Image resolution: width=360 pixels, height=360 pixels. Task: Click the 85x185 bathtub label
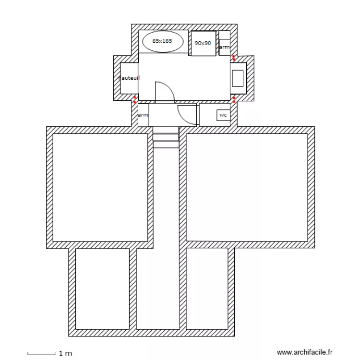coord(162,41)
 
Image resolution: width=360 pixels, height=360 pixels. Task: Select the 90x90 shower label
coord(203,43)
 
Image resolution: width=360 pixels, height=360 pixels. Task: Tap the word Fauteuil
coord(129,78)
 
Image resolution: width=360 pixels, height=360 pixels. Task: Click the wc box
coord(223,115)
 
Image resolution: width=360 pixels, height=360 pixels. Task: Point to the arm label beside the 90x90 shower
coord(224,48)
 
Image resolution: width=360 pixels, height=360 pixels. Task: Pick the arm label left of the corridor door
coord(143,115)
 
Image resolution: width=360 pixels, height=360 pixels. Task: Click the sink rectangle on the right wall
coord(238,77)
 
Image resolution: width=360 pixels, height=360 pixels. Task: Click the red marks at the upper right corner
coord(234,58)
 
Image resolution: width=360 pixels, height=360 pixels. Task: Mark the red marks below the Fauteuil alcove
coord(135,100)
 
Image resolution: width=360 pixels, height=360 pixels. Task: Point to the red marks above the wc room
coord(234,99)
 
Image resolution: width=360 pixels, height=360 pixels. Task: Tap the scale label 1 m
coord(66,354)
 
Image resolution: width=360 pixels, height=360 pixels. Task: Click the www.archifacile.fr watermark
coord(305,352)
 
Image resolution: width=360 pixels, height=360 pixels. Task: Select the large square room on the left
coord(100,187)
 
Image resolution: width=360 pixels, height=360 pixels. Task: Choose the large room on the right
coord(247,187)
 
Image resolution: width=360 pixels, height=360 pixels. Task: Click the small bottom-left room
coord(102,289)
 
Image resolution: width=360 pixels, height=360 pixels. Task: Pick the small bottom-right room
coord(207,289)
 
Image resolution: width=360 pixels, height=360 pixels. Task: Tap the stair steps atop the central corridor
coord(166,137)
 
